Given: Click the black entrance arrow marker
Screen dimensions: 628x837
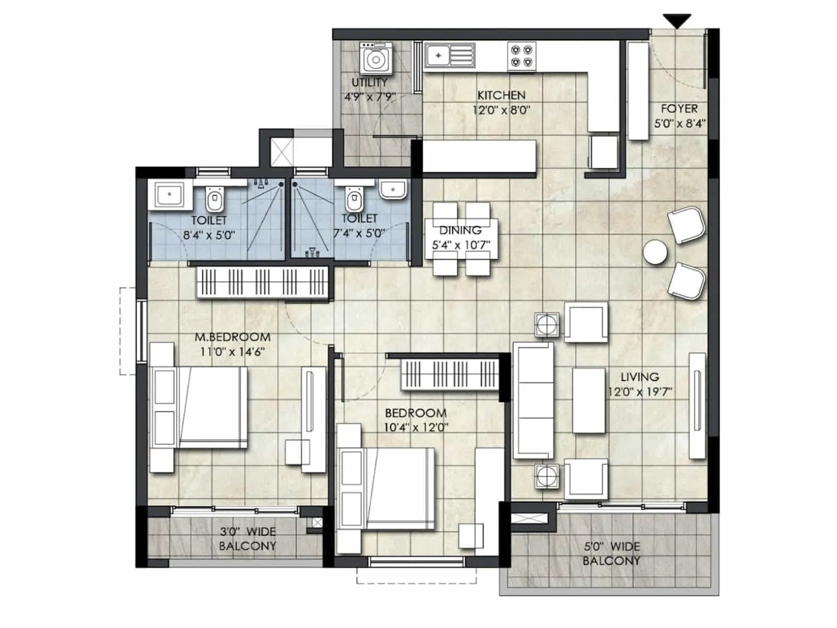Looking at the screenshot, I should tap(677, 21).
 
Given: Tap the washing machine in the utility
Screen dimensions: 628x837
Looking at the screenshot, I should tap(376, 59).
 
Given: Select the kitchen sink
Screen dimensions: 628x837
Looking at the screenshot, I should tap(449, 55).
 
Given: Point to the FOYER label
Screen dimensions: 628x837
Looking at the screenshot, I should tap(679, 109).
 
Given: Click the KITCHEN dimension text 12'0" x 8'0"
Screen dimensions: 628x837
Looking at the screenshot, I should tap(501, 110).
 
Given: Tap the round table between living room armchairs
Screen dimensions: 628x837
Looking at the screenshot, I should tap(655, 252).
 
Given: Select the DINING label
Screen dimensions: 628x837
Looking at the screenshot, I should tap(460, 230).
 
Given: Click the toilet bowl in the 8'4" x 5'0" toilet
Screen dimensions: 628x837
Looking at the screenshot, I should tap(213, 199).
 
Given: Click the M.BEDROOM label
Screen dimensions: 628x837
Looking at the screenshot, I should tap(232, 337).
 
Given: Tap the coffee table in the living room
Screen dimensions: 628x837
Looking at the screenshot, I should tap(589, 400).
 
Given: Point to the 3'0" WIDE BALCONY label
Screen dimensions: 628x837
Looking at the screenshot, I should tap(247, 539).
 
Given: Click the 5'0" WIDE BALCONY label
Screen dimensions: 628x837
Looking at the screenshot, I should tap(612, 554).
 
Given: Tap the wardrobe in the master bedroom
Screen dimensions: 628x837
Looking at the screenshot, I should tap(263, 283).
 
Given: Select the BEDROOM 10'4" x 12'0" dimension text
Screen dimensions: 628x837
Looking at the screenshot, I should tap(416, 427).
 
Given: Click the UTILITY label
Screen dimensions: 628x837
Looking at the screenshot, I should tap(369, 83).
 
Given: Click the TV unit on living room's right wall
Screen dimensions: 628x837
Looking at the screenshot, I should tap(697, 406).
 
